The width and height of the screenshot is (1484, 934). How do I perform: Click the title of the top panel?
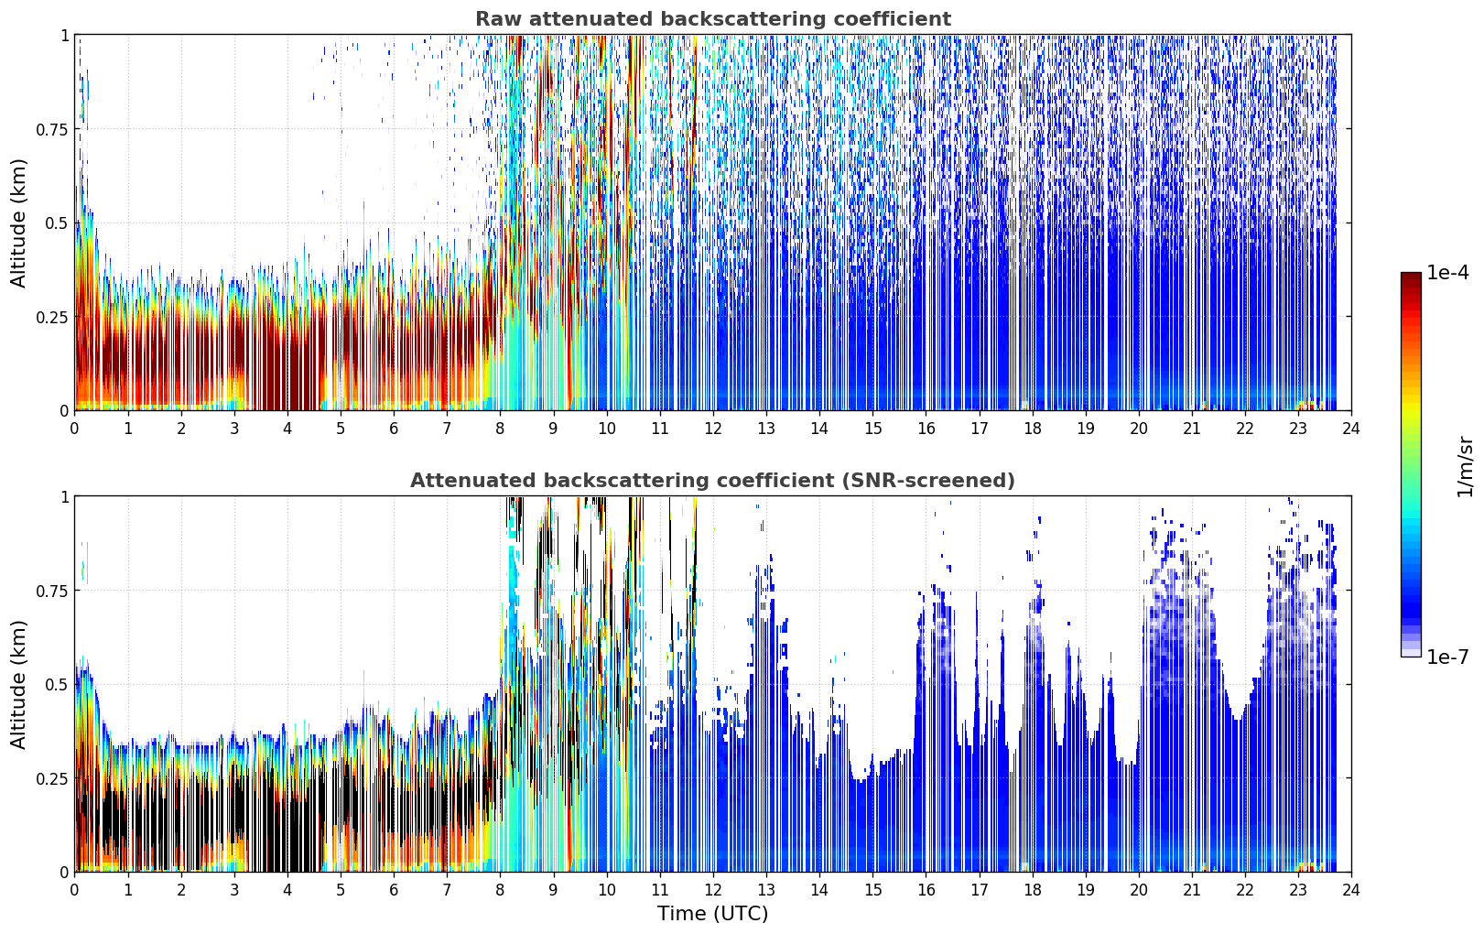tap(713, 18)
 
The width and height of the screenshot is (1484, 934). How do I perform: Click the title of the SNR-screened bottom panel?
tap(713, 480)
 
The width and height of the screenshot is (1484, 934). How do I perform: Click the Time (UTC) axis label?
tap(713, 914)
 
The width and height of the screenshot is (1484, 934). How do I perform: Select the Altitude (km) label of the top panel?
tap(18, 223)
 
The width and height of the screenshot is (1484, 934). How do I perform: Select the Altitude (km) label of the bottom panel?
tap(18, 684)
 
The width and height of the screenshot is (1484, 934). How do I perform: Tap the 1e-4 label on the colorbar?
tap(1447, 272)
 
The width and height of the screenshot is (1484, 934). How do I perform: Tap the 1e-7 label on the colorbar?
tap(1447, 657)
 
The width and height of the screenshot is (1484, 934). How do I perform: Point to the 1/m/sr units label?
tap(1465, 466)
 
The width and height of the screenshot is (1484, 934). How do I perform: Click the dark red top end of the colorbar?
tap(1411, 276)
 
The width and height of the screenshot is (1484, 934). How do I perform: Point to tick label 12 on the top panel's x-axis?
tap(713, 429)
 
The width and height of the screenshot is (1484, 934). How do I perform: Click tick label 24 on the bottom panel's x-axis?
tap(1351, 890)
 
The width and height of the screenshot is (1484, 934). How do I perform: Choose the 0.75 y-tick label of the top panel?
tap(51, 129)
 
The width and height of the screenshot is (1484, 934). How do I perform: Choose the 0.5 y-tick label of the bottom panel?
tap(57, 684)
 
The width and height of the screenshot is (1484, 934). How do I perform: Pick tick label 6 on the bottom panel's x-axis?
tap(394, 890)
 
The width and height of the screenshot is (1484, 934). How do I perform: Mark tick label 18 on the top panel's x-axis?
tap(1032, 429)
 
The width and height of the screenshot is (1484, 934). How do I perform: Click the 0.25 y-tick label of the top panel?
tap(51, 318)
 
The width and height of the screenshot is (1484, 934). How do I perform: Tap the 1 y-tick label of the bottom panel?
tap(65, 497)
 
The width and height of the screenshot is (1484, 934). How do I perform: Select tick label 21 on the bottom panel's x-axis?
tap(1192, 890)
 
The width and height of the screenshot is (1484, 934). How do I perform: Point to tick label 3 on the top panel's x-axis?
tap(233, 429)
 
